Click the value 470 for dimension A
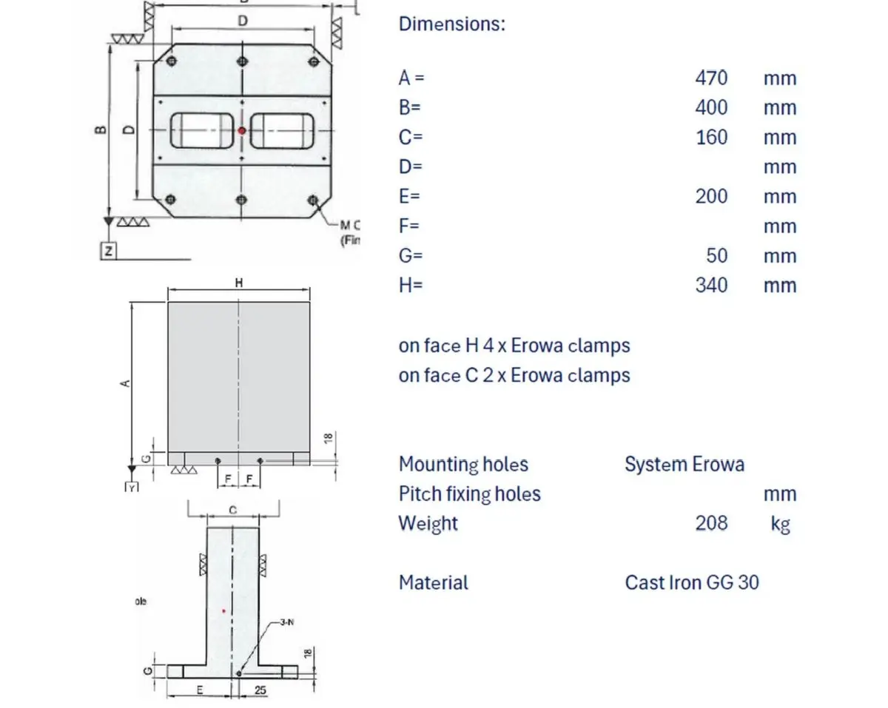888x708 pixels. [711, 78]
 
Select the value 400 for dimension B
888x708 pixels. [711, 107]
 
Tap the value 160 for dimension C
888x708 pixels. [711, 137]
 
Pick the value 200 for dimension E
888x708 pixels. [711, 196]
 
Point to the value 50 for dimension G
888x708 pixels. [716, 255]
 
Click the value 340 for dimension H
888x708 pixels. [711, 285]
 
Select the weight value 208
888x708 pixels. [711, 523]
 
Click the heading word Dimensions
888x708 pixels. [451, 23]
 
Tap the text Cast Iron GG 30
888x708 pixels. [692, 582]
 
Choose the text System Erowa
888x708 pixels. [684, 464]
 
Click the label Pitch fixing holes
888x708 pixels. [470, 493]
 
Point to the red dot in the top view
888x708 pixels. [242, 131]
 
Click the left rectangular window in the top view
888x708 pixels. [202, 130]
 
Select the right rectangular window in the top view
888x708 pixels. [281, 130]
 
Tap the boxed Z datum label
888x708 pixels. [109, 252]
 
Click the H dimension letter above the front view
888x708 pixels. [238, 283]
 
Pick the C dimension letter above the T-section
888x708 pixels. [232, 510]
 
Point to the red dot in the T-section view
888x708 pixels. [223, 611]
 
